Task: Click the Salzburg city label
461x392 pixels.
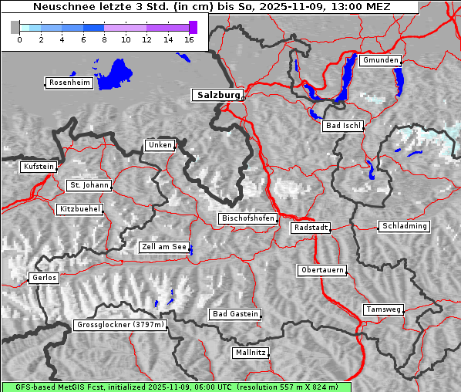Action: point(217,95)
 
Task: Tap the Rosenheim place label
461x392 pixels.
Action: point(69,83)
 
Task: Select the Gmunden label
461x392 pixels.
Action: point(380,60)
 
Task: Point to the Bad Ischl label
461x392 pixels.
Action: point(343,126)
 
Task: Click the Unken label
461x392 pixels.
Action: point(159,145)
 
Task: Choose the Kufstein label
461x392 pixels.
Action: point(39,167)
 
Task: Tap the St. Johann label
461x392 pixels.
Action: point(89,185)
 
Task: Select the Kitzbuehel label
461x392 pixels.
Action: point(79,209)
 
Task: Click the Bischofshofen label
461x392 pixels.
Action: point(247,218)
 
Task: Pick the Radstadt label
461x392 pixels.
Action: point(311,228)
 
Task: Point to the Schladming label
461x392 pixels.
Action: point(403,226)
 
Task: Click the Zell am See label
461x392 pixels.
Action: point(163,247)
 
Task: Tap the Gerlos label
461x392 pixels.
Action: point(43,278)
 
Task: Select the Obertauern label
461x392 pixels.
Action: point(321,270)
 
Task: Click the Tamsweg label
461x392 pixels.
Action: point(383,309)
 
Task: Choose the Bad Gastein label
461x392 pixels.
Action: point(235,314)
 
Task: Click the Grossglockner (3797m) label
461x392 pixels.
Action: point(120,325)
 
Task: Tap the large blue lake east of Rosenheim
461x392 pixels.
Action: point(116,73)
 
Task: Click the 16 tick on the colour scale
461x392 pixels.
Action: point(189,39)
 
